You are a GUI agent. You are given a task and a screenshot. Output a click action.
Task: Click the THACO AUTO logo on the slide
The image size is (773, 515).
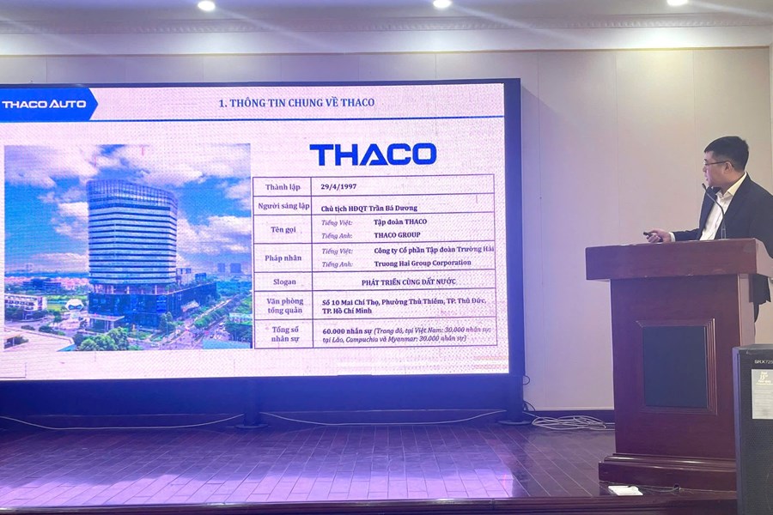[x=45, y=104]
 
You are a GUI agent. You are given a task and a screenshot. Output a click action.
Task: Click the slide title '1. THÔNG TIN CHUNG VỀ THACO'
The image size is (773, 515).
[x=296, y=103]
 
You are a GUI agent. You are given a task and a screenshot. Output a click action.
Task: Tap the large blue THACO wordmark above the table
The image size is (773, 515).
[x=373, y=154]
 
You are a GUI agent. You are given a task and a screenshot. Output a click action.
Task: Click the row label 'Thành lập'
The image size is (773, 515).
[x=281, y=187]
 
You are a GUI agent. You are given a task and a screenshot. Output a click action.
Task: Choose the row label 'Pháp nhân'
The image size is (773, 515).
[x=282, y=256]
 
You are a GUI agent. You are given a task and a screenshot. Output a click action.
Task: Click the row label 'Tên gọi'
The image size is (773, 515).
[x=282, y=228]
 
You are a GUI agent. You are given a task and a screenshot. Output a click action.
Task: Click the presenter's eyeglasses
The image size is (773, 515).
[x=714, y=163]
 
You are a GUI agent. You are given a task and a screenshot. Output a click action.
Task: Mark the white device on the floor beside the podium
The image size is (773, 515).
[x=624, y=490]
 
